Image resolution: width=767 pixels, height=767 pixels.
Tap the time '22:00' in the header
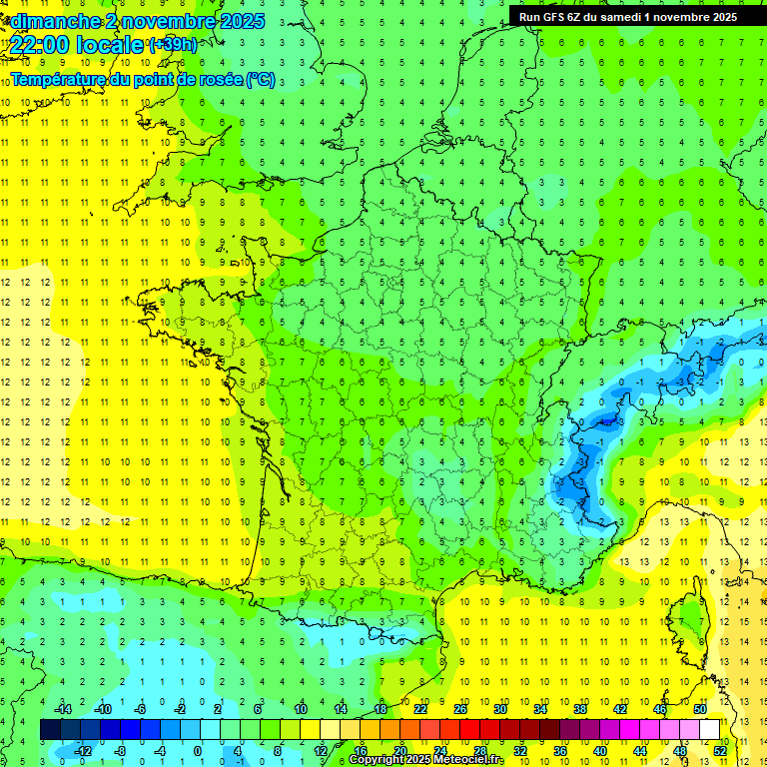[x=43, y=45]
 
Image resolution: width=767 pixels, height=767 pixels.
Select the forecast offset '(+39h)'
[x=173, y=45]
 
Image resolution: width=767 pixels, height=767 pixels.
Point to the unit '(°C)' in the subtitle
[x=260, y=80]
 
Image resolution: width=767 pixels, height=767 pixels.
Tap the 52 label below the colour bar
[x=720, y=750]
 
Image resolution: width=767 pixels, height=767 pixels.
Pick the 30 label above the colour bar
[x=499, y=709]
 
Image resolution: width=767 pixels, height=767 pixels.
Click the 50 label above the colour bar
[x=699, y=709]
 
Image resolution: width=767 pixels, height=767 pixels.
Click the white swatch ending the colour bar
[x=709, y=730]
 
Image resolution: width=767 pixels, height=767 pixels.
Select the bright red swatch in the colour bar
[x=469, y=730]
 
